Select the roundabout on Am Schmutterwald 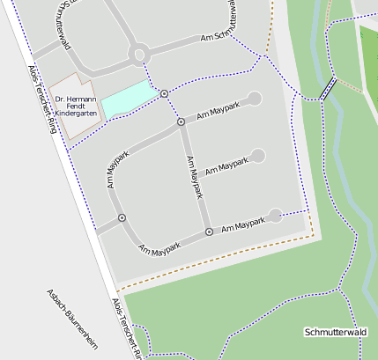pos(137,55)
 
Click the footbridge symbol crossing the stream pos(328,88)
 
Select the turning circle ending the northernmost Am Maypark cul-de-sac pos(255,98)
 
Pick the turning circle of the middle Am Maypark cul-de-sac pos(257,156)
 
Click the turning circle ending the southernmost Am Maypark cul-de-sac pos(275,215)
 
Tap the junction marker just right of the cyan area pos(165,93)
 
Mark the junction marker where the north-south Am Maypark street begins pos(181,121)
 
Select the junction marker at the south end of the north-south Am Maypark pos(209,231)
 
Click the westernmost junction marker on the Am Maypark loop pos(122,217)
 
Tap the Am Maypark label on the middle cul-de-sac pos(227,165)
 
